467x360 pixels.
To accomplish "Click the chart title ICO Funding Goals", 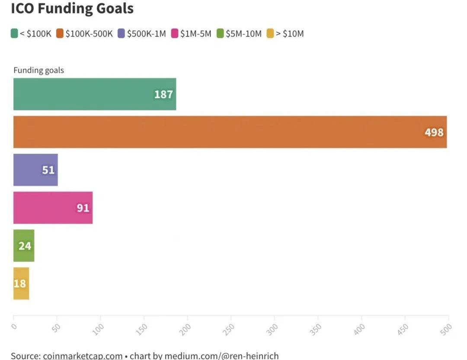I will [x=72, y=9].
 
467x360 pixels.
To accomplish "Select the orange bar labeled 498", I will [x=230, y=132].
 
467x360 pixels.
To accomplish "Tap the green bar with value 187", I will [x=95, y=94].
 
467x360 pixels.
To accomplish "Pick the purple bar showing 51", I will [x=35, y=170].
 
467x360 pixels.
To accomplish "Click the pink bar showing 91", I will [x=53, y=208].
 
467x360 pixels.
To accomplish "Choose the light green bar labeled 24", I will [x=24, y=246].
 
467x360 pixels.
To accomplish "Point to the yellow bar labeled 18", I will [x=21, y=283].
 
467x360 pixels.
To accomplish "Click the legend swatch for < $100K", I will [x=14, y=34].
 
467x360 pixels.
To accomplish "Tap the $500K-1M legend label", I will [x=146, y=34].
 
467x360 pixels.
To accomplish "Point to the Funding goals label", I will [x=38, y=70].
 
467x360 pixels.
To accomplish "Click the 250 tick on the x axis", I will [x=230, y=328].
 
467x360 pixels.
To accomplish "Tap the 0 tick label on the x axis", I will [x=14, y=326].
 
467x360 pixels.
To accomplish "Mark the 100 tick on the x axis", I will [x=99, y=328].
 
